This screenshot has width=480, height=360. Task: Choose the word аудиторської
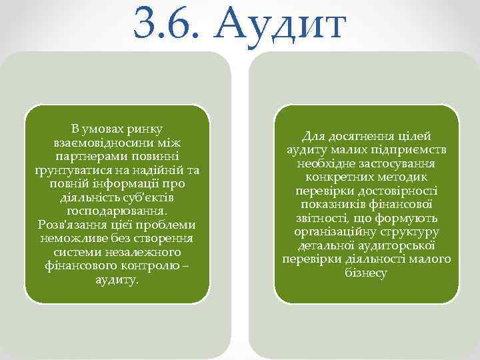396,245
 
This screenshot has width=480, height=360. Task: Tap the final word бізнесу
366,273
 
